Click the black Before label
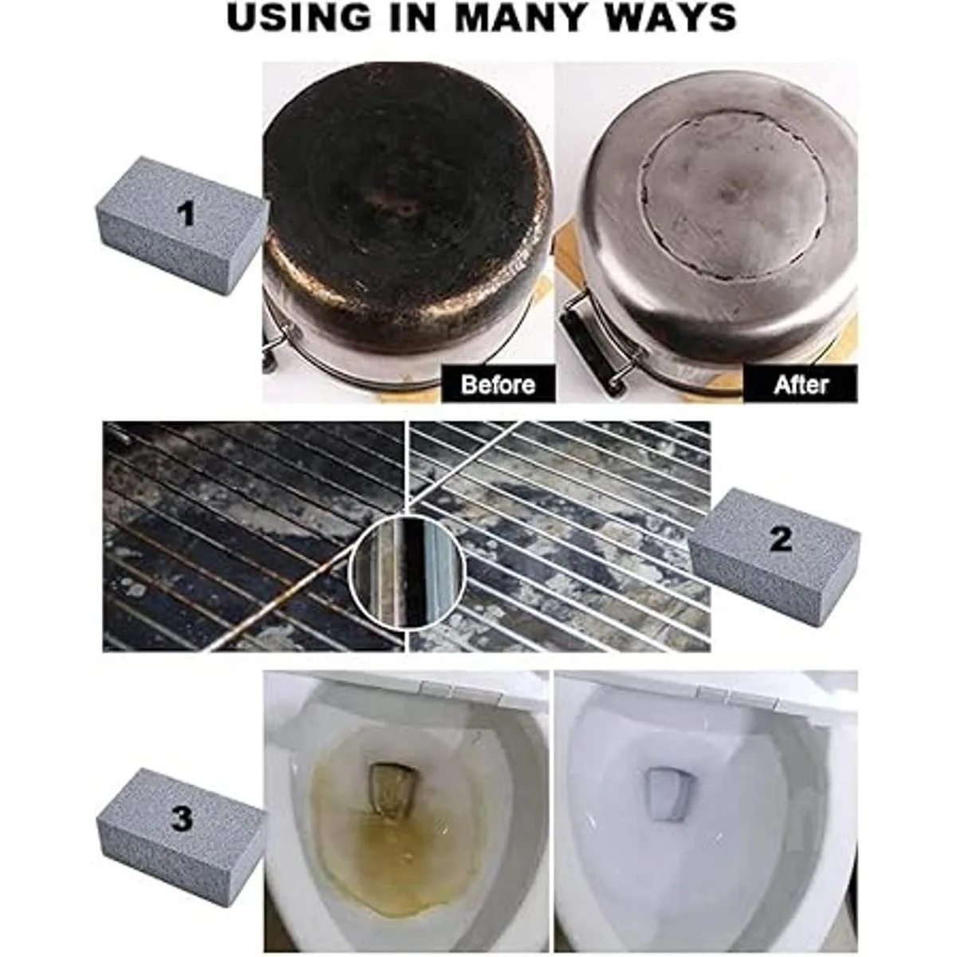point(498,384)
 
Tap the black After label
point(800,384)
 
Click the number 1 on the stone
point(186,215)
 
